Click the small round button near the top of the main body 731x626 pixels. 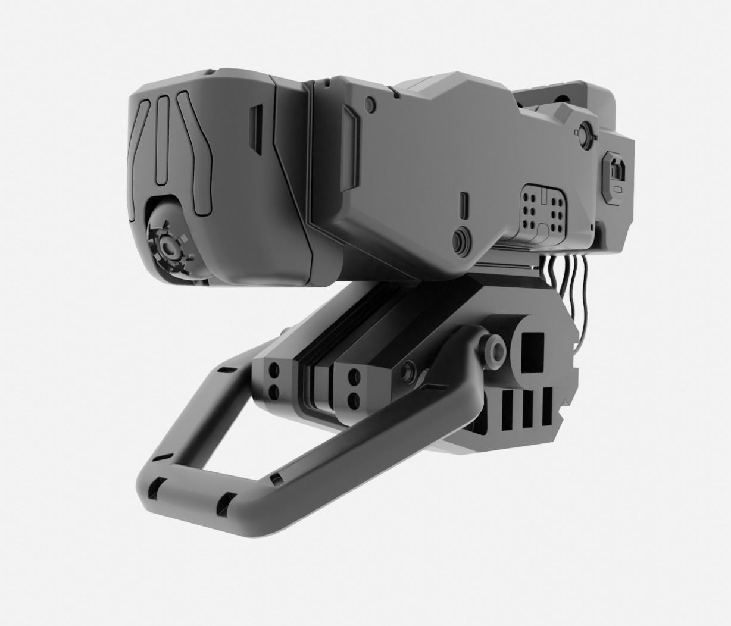pyautogui.click(x=371, y=105)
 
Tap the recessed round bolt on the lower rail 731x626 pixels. pyautogui.click(x=408, y=373)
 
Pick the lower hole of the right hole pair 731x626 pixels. pyautogui.click(x=354, y=399)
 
